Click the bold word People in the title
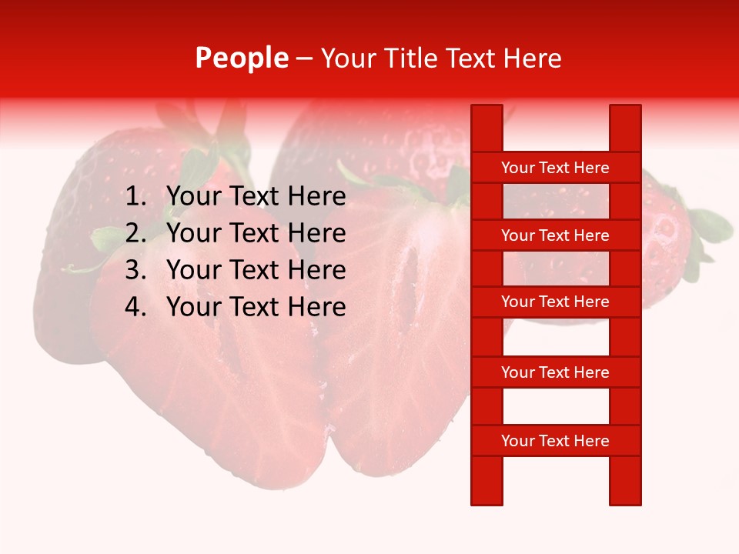tap(242, 58)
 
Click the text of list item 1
tap(256, 197)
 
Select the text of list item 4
tap(256, 307)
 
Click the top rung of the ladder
tap(555, 168)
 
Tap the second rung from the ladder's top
tap(555, 235)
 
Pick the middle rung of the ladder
tap(555, 302)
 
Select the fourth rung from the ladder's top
tap(555, 372)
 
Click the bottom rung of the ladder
tap(555, 441)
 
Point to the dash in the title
tap(304, 58)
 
